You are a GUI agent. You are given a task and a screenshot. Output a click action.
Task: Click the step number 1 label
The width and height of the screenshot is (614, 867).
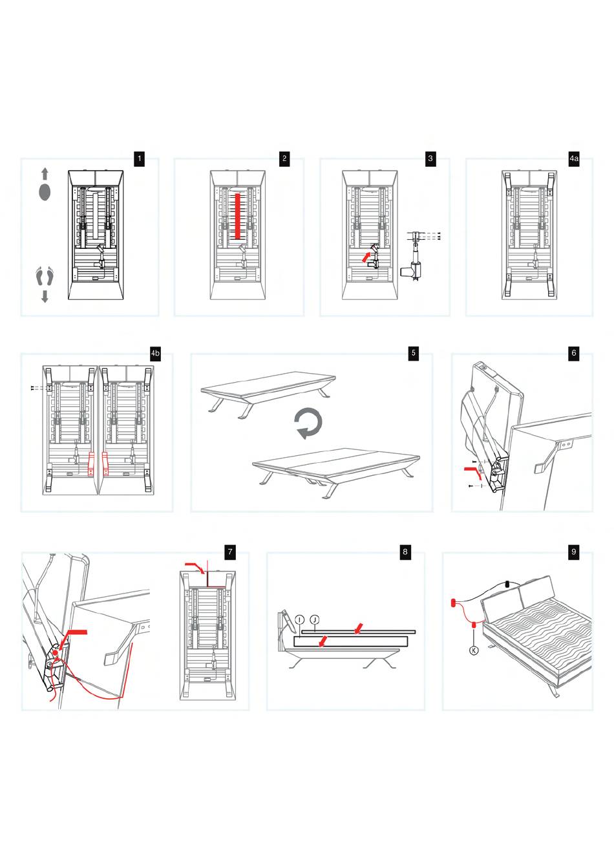point(138,158)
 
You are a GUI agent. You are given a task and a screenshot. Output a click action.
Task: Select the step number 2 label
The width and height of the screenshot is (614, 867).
point(284,158)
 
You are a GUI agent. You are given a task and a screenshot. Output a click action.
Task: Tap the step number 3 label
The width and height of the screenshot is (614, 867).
point(430,158)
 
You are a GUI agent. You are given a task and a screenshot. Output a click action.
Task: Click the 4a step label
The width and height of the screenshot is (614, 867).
point(574,158)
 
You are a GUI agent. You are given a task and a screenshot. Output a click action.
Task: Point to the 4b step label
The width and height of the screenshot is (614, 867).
point(155,353)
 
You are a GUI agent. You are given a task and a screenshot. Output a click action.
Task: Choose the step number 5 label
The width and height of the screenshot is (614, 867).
point(413,353)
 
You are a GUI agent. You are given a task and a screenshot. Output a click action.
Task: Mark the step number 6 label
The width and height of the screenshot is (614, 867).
point(573,353)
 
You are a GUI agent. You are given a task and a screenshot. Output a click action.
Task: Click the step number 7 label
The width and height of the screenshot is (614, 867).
point(229,551)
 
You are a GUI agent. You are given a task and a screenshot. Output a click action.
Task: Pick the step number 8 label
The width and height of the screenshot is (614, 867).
point(405,551)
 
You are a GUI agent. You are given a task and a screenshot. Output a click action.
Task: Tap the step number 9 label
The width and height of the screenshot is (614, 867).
point(573,551)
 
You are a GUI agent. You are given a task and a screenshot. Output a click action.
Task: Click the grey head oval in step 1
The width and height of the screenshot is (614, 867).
point(45,192)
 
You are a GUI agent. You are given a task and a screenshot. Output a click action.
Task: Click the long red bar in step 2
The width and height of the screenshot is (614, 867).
point(238,215)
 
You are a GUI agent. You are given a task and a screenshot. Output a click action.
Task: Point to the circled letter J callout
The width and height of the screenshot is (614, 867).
point(314,619)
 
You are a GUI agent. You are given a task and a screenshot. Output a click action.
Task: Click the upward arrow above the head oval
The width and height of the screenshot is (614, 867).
point(45,173)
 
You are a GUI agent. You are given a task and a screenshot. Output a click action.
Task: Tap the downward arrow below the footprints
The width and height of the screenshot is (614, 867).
point(45,296)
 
